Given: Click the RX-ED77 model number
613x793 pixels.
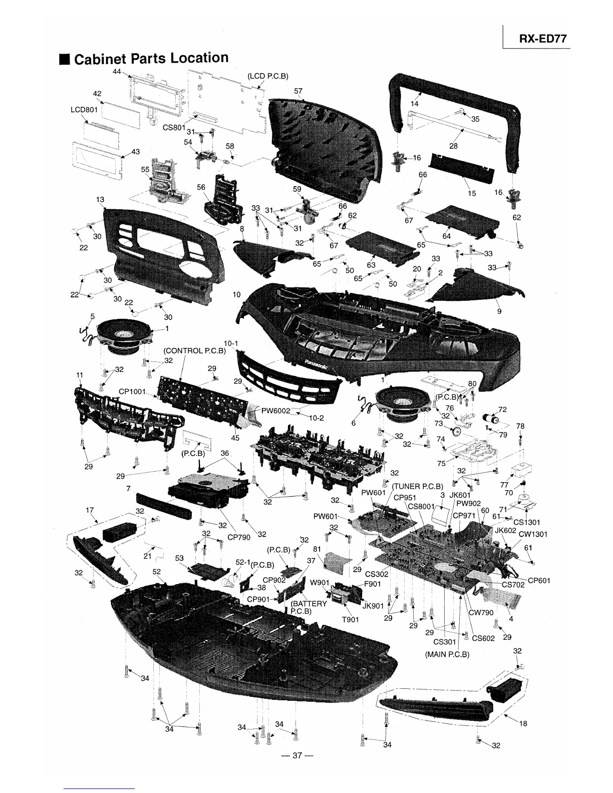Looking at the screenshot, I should (543, 39).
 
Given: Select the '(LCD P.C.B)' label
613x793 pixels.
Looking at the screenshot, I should (268, 76).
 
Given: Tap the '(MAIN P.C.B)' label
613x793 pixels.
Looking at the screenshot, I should (447, 654).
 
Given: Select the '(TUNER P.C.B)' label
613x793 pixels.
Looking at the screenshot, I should (418, 486).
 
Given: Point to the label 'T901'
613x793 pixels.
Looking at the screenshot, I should (351, 619).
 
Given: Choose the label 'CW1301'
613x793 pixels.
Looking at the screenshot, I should (533, 534).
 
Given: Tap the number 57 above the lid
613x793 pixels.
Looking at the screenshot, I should (298, 91).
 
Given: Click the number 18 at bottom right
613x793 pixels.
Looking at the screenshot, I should (523, 723).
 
